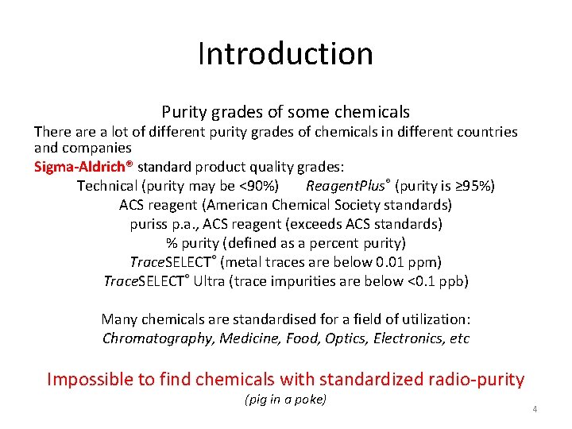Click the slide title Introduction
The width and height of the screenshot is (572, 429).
(285, 54)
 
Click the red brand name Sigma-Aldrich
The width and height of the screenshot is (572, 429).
(83, 167)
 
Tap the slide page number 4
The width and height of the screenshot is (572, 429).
(535, 409)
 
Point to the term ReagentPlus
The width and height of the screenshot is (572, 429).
(346, 186)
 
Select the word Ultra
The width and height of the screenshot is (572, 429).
(209, 281)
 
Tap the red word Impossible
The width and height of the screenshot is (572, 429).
(90, 379)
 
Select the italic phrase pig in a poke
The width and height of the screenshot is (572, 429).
(286, 400)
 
